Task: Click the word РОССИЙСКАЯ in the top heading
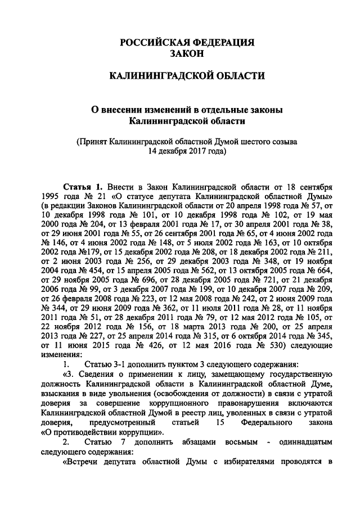(149, 43)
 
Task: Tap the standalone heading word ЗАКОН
(185, 53)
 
